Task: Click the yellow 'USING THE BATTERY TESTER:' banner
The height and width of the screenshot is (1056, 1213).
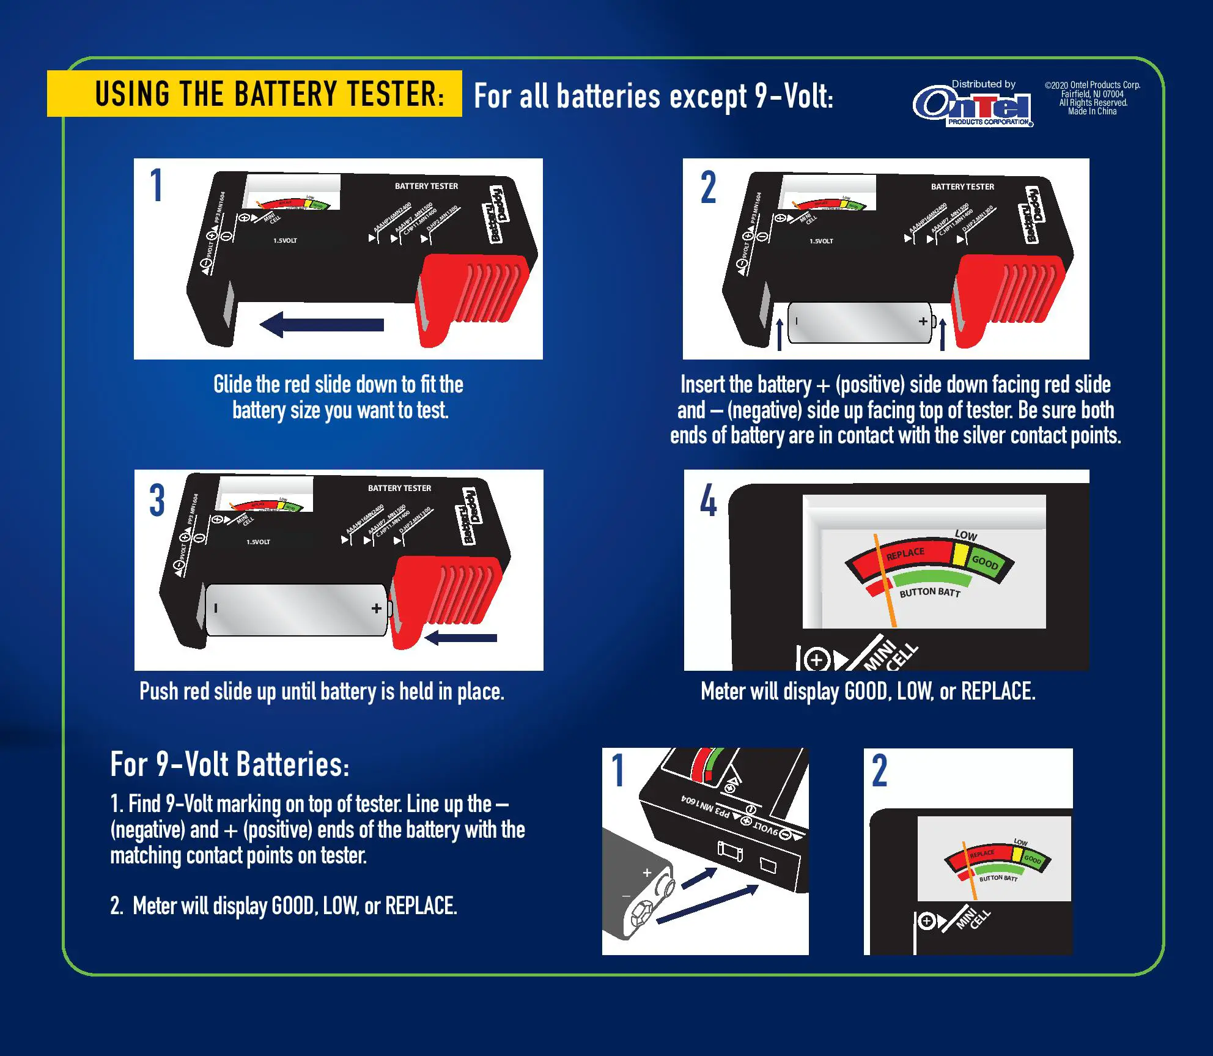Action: (254, 94)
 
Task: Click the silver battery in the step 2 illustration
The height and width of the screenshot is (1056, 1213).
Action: (859, 322)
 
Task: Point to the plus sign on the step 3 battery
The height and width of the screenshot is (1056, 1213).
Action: (377, 608)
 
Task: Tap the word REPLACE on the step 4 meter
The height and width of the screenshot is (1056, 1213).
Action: (905, 553)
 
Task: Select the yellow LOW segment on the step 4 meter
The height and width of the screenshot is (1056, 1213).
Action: (961, 554)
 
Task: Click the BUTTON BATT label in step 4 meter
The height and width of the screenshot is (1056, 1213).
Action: (930, 592)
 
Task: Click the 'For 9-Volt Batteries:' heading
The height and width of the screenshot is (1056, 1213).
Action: (230, 765)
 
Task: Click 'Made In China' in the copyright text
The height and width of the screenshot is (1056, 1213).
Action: (1092, 111)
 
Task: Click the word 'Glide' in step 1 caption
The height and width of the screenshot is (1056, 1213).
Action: (232, 385)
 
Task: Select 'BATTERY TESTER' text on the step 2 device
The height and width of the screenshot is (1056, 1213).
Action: (962, 186)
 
